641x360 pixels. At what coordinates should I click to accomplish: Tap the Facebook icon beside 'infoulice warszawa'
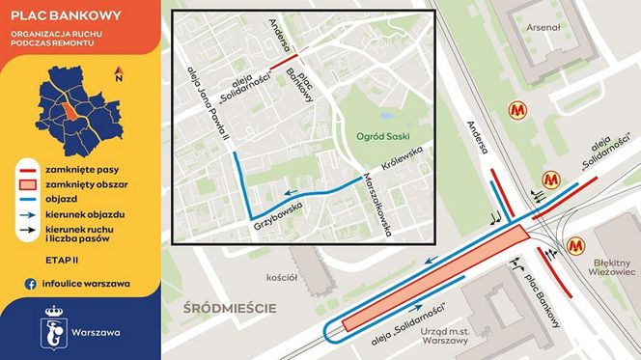point(30,283)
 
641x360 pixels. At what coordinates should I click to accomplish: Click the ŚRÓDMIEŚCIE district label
point(231,309)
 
